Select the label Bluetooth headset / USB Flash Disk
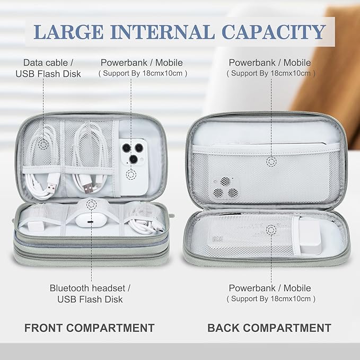(x=90, y=294)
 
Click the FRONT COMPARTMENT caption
(x=90, y=328)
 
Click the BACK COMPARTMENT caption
(x=269, y=328)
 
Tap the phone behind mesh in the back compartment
(x=225, y=186)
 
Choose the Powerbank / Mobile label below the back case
(x=270, y=293)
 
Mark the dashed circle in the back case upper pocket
(x=271, y=161)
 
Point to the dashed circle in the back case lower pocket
(x=271, y=229)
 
